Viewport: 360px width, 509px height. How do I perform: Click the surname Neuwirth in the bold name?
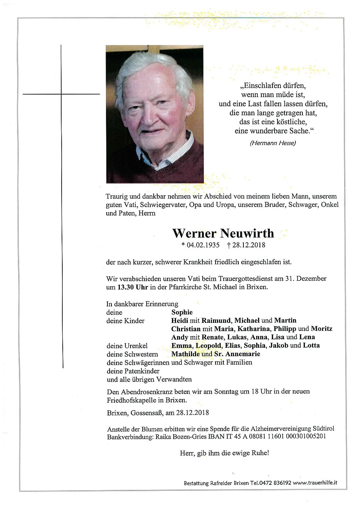247,233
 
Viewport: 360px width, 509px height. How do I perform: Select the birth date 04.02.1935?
203,245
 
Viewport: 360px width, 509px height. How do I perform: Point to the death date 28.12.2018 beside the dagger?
249,245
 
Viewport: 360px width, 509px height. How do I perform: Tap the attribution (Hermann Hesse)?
273,143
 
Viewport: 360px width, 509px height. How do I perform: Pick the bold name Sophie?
182,312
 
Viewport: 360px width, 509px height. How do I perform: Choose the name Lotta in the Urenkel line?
311,345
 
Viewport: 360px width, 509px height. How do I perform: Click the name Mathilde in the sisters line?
185,354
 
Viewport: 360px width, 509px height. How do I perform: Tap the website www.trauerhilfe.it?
315,483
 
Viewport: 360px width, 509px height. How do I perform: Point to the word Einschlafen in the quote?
262,86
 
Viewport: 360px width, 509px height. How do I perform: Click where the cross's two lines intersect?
61,94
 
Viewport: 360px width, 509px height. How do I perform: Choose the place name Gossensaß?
147,413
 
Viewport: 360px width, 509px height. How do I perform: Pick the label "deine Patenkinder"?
133,371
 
